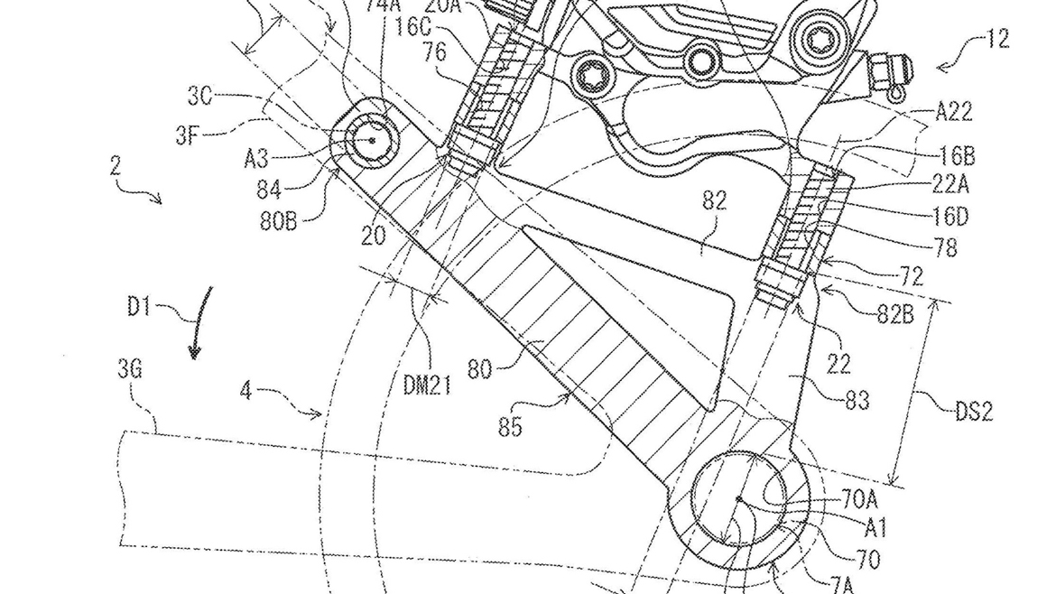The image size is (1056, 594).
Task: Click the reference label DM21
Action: [428, 386]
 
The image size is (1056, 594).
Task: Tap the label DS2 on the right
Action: [973, 412]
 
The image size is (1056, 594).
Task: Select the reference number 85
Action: [510, 425]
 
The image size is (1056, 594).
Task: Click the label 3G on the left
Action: [131, 368]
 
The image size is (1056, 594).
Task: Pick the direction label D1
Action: [138, 307]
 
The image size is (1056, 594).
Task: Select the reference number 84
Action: [268, 190]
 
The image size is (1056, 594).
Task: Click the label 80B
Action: [281, 219]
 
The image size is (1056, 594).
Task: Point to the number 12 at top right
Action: [996, 39]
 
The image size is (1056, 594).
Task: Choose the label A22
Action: [953, 111]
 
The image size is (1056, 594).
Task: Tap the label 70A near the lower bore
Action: [858, 497]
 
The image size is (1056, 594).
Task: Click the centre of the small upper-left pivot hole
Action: [372, 140]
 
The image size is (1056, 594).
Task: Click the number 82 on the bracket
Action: [713, 200]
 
